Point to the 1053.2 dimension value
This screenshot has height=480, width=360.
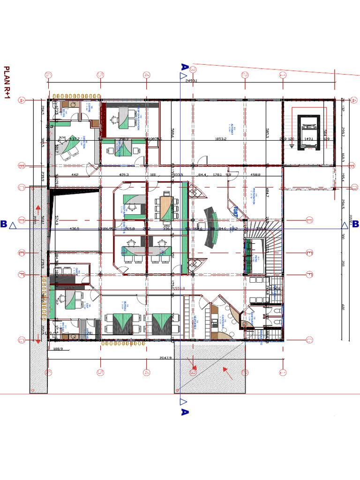221,139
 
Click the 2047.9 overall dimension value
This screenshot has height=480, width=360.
166,357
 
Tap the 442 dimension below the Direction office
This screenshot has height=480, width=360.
75,175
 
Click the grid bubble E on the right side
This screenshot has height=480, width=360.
309,254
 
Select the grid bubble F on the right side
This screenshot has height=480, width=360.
309,274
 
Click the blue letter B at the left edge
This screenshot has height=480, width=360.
4,225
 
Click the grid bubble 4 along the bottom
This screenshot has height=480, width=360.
146,372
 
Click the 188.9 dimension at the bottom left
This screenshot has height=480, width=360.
58,349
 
